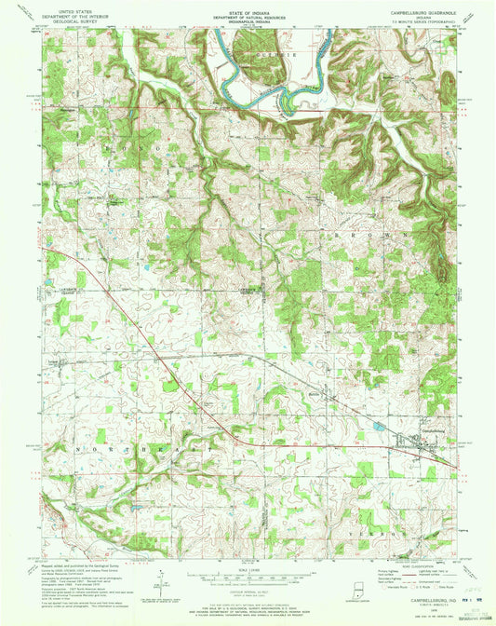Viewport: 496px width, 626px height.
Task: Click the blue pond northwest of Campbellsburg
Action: click(x=378, y=425)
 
